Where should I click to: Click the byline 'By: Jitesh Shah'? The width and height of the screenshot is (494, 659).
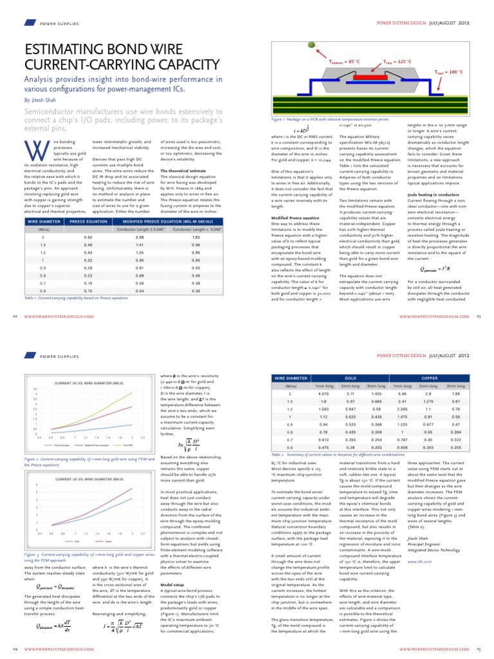coord(39,100)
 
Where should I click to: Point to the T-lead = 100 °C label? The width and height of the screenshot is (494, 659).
coord(449,71)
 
